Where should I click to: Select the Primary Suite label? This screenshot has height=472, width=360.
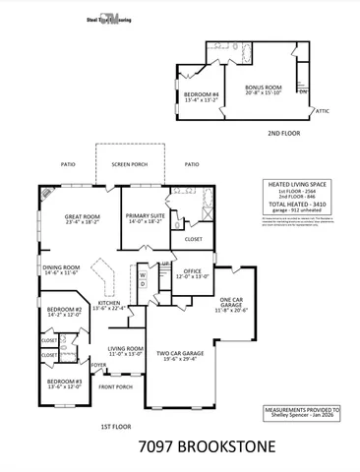point(144,220)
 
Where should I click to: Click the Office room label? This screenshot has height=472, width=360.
point(192,272)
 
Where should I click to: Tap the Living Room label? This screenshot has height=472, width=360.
point(125,350)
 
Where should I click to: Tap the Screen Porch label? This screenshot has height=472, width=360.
point(129,165)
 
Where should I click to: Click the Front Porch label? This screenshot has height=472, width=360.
point(114,386)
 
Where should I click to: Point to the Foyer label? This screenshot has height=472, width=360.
point(99,365)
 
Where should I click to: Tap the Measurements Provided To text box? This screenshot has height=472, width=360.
point(301,412)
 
